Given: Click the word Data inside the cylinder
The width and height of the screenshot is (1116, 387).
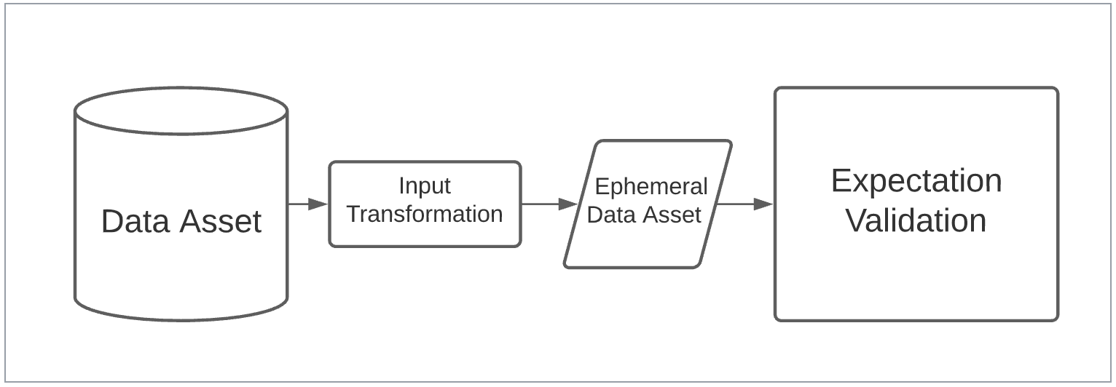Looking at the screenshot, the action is tap(135, 221).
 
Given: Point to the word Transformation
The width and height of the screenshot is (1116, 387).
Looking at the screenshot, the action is tap(425, 215).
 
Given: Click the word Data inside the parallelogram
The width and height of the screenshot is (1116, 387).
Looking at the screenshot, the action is tap(610, 215).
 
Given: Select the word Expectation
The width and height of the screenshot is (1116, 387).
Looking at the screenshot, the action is tap(916, 182).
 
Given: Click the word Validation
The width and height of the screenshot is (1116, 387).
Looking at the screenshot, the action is tap(916, 221).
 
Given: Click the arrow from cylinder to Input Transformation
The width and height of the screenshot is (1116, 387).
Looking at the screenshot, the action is tap(308, 204).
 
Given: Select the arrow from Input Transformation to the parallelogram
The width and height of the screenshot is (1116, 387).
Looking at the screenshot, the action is tap(550, 204).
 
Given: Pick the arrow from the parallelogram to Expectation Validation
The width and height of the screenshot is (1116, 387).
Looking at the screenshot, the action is tap(744, 204).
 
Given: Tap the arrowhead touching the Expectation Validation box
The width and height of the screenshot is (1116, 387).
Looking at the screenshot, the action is tap(763, 204).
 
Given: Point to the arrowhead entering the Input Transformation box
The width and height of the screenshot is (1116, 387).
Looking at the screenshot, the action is tap(318, 204).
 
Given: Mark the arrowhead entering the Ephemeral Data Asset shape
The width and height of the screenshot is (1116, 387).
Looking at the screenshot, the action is tap(568, 204).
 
